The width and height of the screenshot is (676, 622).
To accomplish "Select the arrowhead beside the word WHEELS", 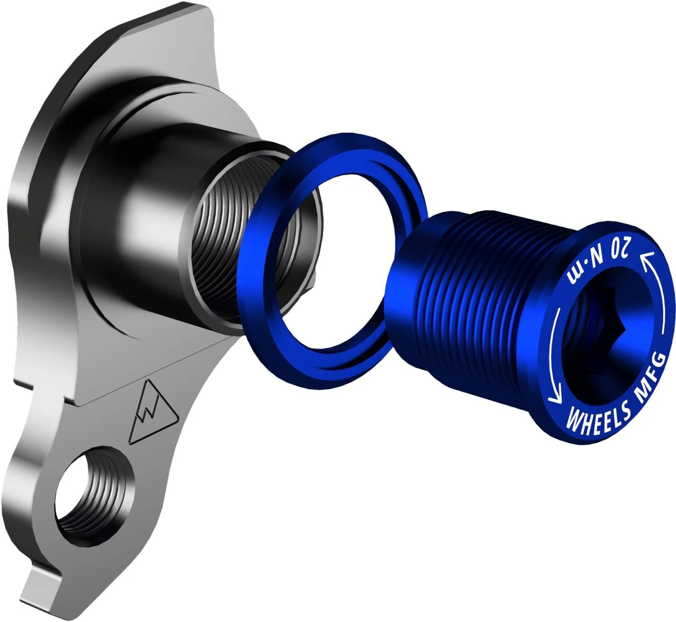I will (x=554, y=398).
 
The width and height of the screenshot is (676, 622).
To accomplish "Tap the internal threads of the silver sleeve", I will (x=221, y=252).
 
